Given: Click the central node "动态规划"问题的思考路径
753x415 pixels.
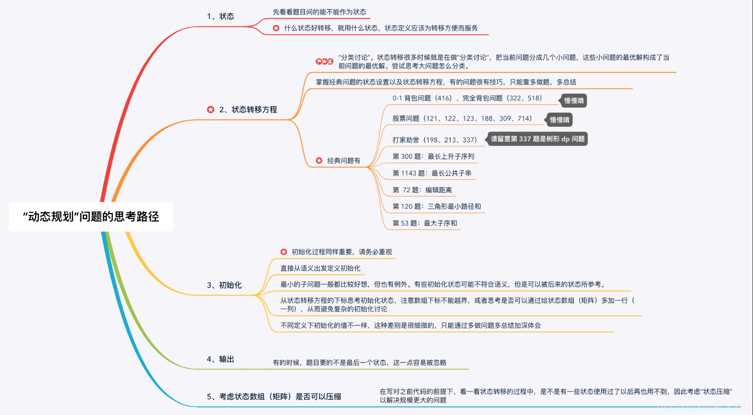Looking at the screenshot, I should click(91, 217).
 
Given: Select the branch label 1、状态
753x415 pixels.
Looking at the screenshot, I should click(220, 16).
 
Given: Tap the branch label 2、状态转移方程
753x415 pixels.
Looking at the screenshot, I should click(248, 110).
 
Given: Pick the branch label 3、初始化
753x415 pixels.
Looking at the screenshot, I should click(224, 285).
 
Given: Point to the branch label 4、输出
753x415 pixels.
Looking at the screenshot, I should click(220, 359).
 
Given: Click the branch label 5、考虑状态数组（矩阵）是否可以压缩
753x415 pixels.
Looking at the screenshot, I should click(274, 396).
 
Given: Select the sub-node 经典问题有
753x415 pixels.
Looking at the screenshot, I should click(344, 160).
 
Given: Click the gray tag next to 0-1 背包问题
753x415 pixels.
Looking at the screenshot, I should click(574, 101).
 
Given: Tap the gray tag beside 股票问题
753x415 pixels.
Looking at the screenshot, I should click(560, 120).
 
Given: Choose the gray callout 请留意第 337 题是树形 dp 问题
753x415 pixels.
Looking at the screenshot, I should click(537, 139).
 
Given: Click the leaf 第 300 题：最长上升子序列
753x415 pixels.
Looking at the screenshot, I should click(433, 156).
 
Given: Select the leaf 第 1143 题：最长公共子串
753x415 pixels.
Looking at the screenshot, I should click(432, 173).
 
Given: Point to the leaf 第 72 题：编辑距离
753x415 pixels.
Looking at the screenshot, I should click(422, 190).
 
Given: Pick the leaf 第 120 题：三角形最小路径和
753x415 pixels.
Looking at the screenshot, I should click(436, 206).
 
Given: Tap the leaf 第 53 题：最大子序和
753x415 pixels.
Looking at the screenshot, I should click(425, 223).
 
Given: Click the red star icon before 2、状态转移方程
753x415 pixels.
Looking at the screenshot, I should click(211, 110).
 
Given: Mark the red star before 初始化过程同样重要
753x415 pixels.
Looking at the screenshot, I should click(284, 252).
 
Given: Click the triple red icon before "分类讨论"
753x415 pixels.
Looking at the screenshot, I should click(324, 61).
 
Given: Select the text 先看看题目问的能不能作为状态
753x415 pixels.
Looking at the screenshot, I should click(319, 12).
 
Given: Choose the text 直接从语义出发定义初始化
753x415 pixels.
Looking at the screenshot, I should click(320, 268).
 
